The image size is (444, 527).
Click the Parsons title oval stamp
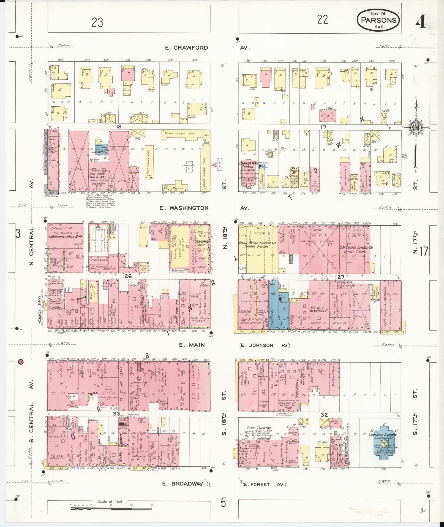pos(378,20)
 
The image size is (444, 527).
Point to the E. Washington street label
pos(184,208)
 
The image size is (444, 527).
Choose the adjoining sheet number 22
pos(323,20)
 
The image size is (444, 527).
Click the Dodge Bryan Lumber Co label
pos(257,245)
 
